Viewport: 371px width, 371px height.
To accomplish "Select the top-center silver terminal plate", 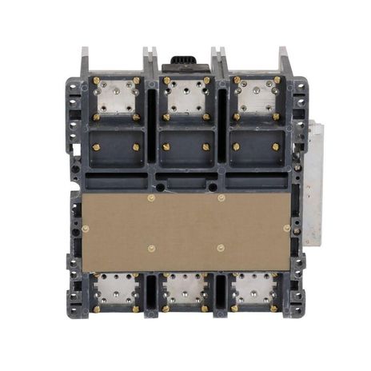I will click(x=185, y=98).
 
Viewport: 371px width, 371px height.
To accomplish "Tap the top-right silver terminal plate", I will click(x=255, y=98).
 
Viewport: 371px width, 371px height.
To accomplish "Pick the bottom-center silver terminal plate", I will click(x=185, y=289).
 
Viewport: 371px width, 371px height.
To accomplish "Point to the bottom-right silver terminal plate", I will click(x=254, y=289).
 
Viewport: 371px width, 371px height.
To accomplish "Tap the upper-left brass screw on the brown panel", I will click(x=151, y=197).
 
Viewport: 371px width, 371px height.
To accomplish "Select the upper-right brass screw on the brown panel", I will click(x=221, y=197).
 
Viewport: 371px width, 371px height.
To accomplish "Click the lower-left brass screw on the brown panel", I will click(x=151, y=249).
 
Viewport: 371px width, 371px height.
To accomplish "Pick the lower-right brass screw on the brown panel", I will click(x=221, y=249).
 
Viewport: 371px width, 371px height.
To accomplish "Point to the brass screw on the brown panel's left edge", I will click(x=86, y=228).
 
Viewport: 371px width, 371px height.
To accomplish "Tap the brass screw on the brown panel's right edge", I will click(x=286, y=228).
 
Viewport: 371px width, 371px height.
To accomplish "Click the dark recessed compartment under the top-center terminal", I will click(x=185, y=149).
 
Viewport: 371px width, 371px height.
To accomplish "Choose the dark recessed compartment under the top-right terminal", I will click(x=255, y=149).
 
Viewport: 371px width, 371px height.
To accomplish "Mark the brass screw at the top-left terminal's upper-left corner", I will click(x=97, y=80).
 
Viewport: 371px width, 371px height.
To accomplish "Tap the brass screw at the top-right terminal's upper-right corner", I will click(x=276, y=80).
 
